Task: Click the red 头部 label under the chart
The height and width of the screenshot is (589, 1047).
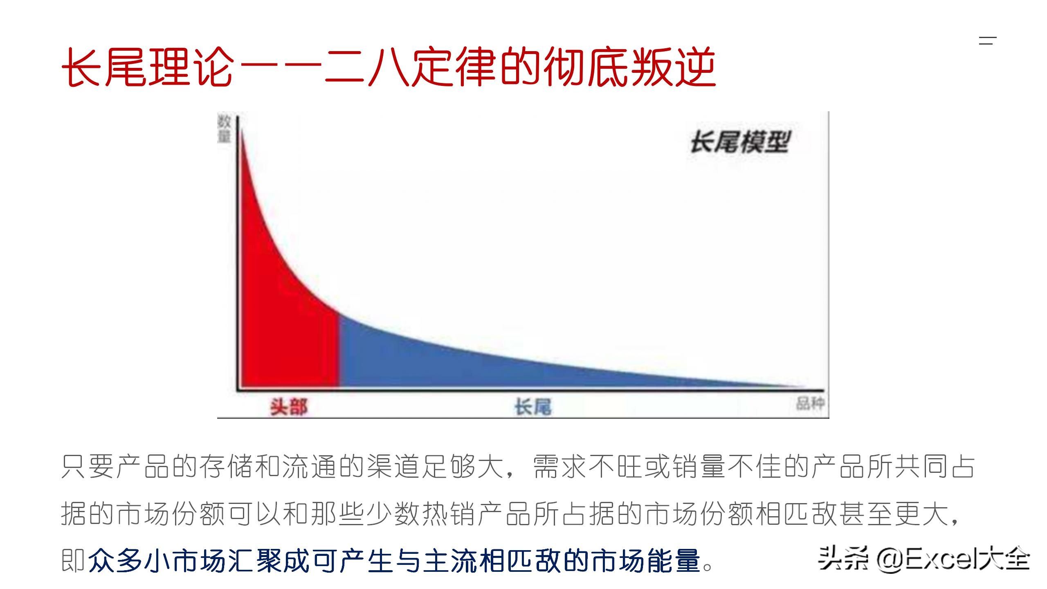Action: click(289, 407)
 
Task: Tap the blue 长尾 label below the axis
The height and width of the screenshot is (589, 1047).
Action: click(533, 407)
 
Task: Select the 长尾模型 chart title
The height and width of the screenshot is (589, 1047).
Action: click(740, 142)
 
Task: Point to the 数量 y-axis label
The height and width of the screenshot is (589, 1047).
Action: click(224, 129)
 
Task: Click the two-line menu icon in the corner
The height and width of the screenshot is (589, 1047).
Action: click(987, 40)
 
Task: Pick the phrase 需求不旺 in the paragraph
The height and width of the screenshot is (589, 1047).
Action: click(589, 466)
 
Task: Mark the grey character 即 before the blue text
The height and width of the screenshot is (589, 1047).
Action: click(74, 560)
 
